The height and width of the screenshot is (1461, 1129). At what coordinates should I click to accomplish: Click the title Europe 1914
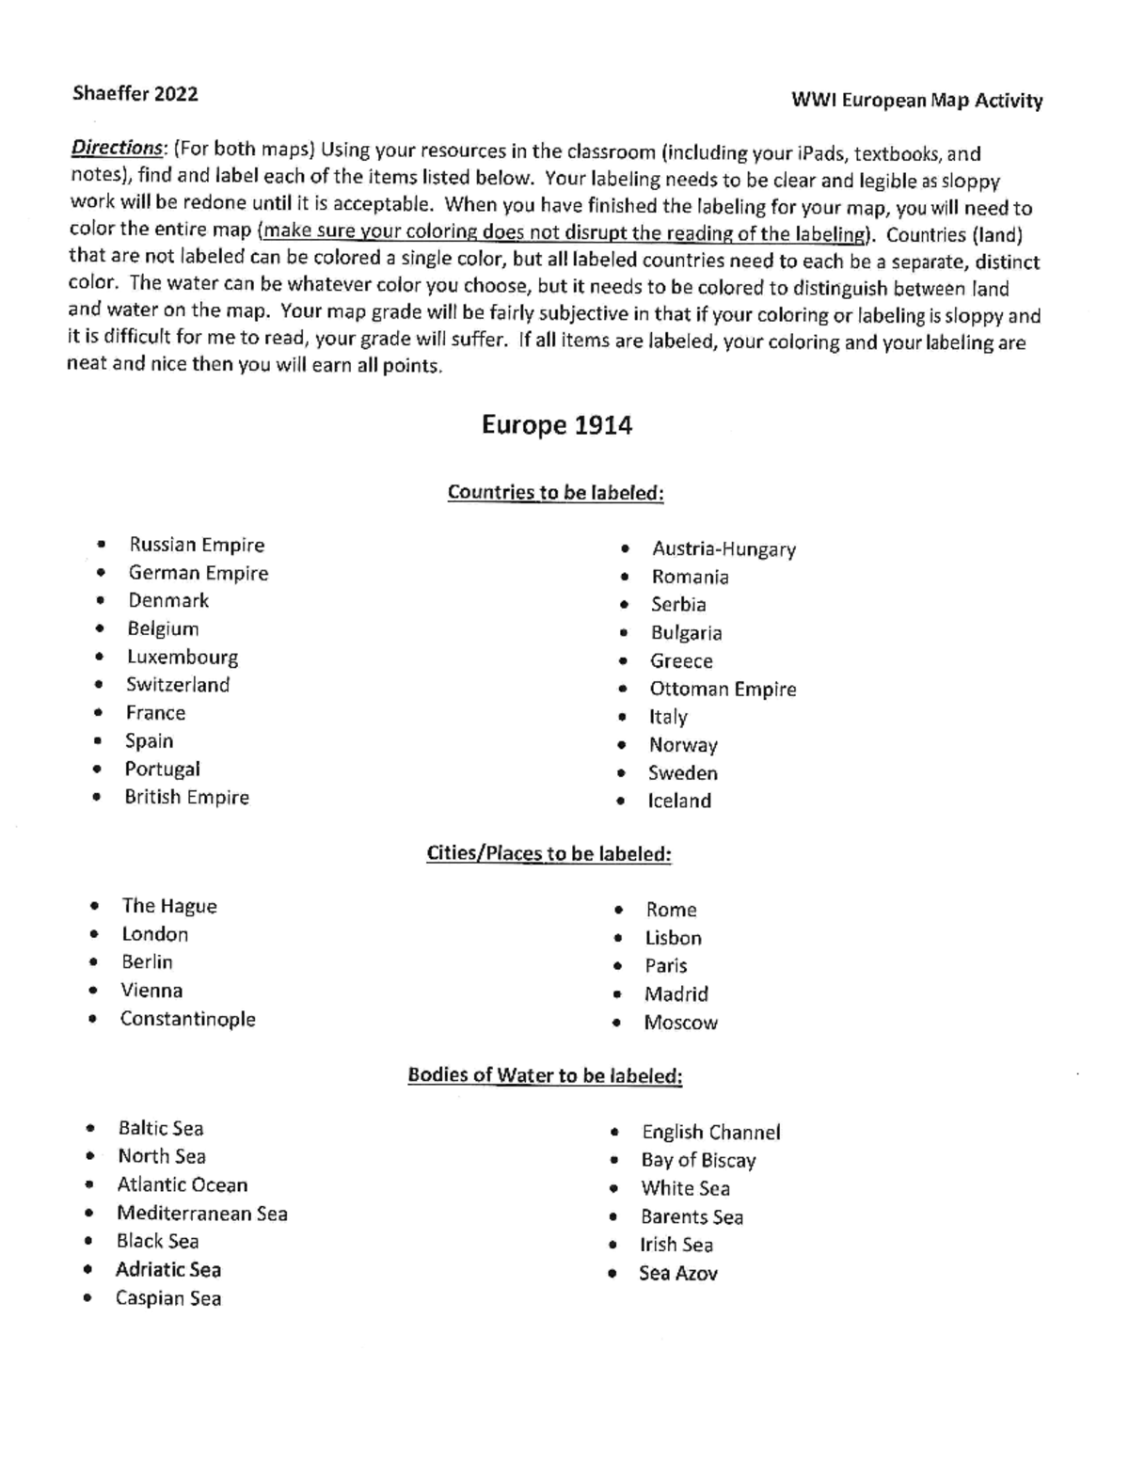(x=556, y=426)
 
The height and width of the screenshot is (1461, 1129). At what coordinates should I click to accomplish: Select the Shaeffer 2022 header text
(x=135, y=93)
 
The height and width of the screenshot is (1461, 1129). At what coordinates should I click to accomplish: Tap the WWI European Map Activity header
(x=916, y=101)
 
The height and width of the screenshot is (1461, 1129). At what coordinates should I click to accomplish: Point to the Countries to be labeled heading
(x=555, y=493)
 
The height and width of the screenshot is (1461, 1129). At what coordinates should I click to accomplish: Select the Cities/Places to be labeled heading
(x=549, y=854)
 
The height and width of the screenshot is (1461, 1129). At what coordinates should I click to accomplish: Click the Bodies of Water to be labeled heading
(x=545, y=1075)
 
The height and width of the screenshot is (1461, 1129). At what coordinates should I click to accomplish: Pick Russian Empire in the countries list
(x=197, y=545)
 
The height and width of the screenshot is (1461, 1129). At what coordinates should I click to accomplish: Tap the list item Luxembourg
(x=183, y=657)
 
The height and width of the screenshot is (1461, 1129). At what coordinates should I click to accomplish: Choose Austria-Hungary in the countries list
(x=724, y=549)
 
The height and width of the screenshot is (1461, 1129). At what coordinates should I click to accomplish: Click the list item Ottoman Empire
(x=723, y=690)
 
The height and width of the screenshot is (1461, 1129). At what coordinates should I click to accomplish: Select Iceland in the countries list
(x=679, y=802)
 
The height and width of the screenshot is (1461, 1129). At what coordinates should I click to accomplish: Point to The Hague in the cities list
(x=169, y=906)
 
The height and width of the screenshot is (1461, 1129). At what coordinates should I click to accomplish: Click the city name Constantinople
(x=187, y=1019)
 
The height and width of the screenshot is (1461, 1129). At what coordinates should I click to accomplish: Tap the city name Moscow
(x=680, y=1023)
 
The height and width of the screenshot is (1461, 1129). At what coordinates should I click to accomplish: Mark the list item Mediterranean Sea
(x=201, y=1214)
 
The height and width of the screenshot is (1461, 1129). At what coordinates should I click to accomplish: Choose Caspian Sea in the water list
(x=168, y=1298)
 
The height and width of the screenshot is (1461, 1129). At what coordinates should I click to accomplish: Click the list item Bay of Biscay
(x=698, y=1161)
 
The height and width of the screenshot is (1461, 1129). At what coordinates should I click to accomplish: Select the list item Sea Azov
(x=677, y=1274)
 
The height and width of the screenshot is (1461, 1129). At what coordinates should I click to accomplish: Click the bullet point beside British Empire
(x=97, y=797)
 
